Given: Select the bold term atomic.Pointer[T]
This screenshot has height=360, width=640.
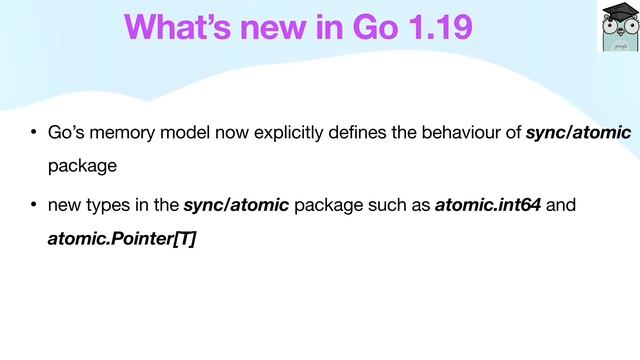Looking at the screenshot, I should coord(121,241).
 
